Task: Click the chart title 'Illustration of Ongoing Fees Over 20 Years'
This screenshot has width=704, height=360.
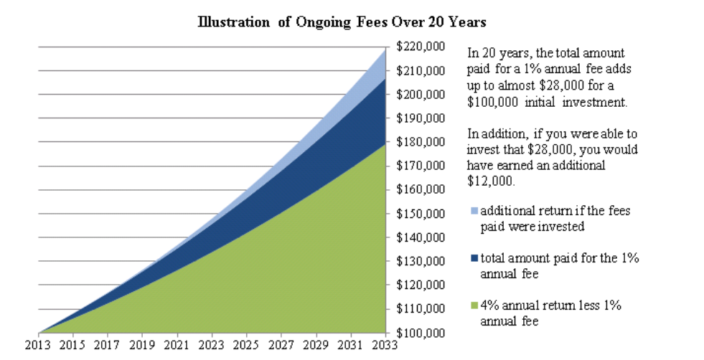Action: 342,22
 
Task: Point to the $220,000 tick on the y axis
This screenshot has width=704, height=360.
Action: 420,47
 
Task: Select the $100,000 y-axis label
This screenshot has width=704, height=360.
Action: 420,333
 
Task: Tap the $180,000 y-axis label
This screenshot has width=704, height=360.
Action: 420,142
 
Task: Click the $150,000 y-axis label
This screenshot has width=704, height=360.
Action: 420,214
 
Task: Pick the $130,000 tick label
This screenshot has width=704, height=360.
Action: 420,261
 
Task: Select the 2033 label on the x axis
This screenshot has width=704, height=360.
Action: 385,345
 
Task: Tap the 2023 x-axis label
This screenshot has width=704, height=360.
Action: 212,345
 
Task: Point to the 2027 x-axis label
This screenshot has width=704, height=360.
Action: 281,345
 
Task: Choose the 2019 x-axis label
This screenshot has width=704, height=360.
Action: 143,345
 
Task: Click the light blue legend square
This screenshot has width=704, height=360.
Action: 472,212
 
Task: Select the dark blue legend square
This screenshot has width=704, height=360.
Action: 472,258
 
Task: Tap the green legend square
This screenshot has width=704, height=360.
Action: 472,306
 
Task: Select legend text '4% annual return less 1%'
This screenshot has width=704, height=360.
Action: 550,305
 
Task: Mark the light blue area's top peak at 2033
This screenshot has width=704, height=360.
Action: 385,48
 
